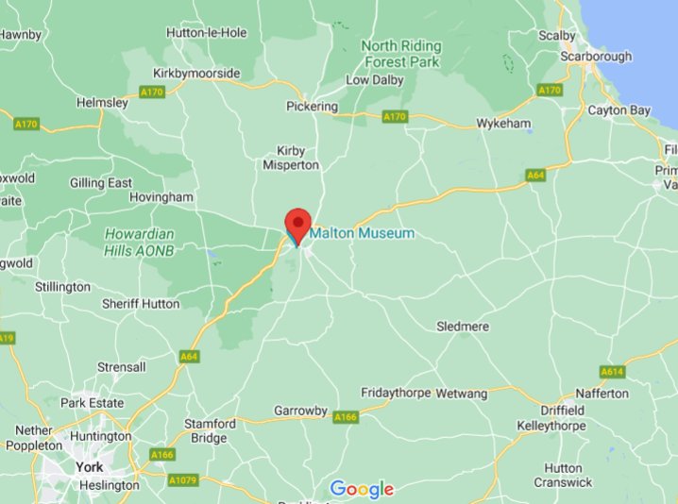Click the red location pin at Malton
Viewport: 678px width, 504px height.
coord(298,224)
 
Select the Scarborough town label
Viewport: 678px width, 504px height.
coord(596,57)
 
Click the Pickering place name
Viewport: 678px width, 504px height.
coord(312,107)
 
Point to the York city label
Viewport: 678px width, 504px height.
coord(90,467)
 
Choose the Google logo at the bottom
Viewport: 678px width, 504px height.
coord(362,489)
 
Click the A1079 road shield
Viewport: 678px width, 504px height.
coord(183,479)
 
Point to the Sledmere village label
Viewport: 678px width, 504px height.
coord(463,327)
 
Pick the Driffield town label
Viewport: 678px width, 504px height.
coord(563,411)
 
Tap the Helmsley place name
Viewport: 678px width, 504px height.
coord(102,102)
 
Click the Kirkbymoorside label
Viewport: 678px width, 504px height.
coord(196,74)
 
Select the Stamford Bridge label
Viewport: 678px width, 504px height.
coord(208,431)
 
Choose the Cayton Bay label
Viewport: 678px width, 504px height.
coord(619,110)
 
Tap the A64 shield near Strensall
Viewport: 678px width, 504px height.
coord(188,356)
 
